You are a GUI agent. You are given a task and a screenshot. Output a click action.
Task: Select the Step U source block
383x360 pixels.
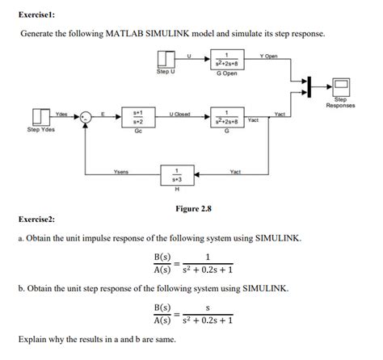[x=166, y=60]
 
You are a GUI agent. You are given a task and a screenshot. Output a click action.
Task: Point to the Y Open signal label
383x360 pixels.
[x=268, y=56]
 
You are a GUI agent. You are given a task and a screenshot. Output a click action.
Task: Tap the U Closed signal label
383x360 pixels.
[x=179, y=114]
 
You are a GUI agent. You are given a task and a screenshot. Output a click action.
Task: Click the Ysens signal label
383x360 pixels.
[x=120, y=170]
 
